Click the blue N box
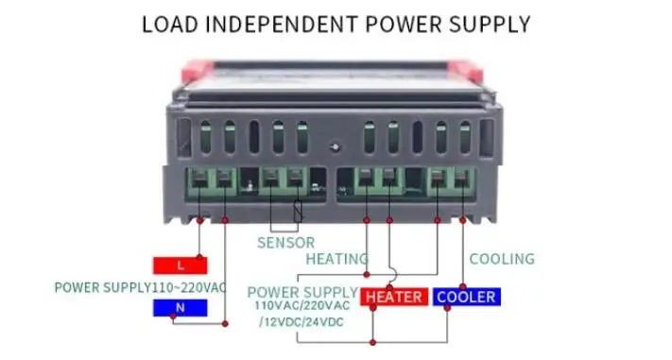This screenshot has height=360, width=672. [x=180, y=308]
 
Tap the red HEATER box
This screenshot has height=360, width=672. [x=394, y=297]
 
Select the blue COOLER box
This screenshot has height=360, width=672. [x=464, y=297]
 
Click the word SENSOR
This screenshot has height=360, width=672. [x=285, y=243]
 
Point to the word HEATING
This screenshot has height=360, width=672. [x=336, y=259]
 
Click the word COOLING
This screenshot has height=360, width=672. [x=502, y=259]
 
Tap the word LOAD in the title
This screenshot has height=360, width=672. [x=167, y=24]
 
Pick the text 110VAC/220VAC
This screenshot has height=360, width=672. [x=302, y=306]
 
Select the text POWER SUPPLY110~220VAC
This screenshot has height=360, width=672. [x=140, y=287]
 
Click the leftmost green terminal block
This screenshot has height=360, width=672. [x=213, y=180]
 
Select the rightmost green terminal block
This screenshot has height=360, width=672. [x=451, y=180]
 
